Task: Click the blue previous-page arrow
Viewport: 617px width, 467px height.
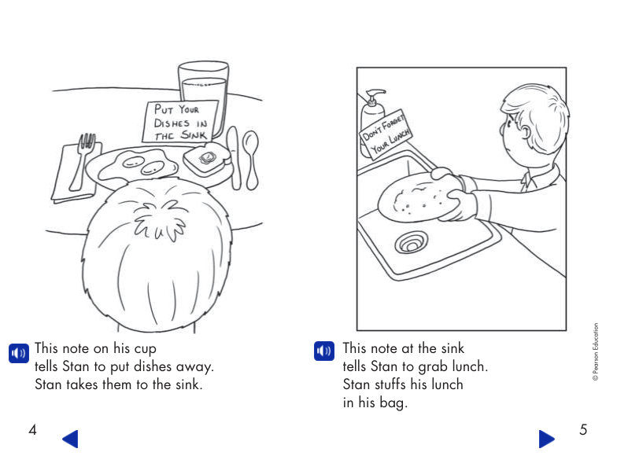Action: [70, 439]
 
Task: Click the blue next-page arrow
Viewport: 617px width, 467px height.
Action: [546, 439]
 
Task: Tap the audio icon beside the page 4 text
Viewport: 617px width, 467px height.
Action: [18, 353]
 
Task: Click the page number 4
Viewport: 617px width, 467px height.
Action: [32, 430]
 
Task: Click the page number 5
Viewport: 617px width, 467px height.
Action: [583, 430]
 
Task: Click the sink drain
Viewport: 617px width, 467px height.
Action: [410, 243]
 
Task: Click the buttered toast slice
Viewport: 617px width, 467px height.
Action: [207, 161]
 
